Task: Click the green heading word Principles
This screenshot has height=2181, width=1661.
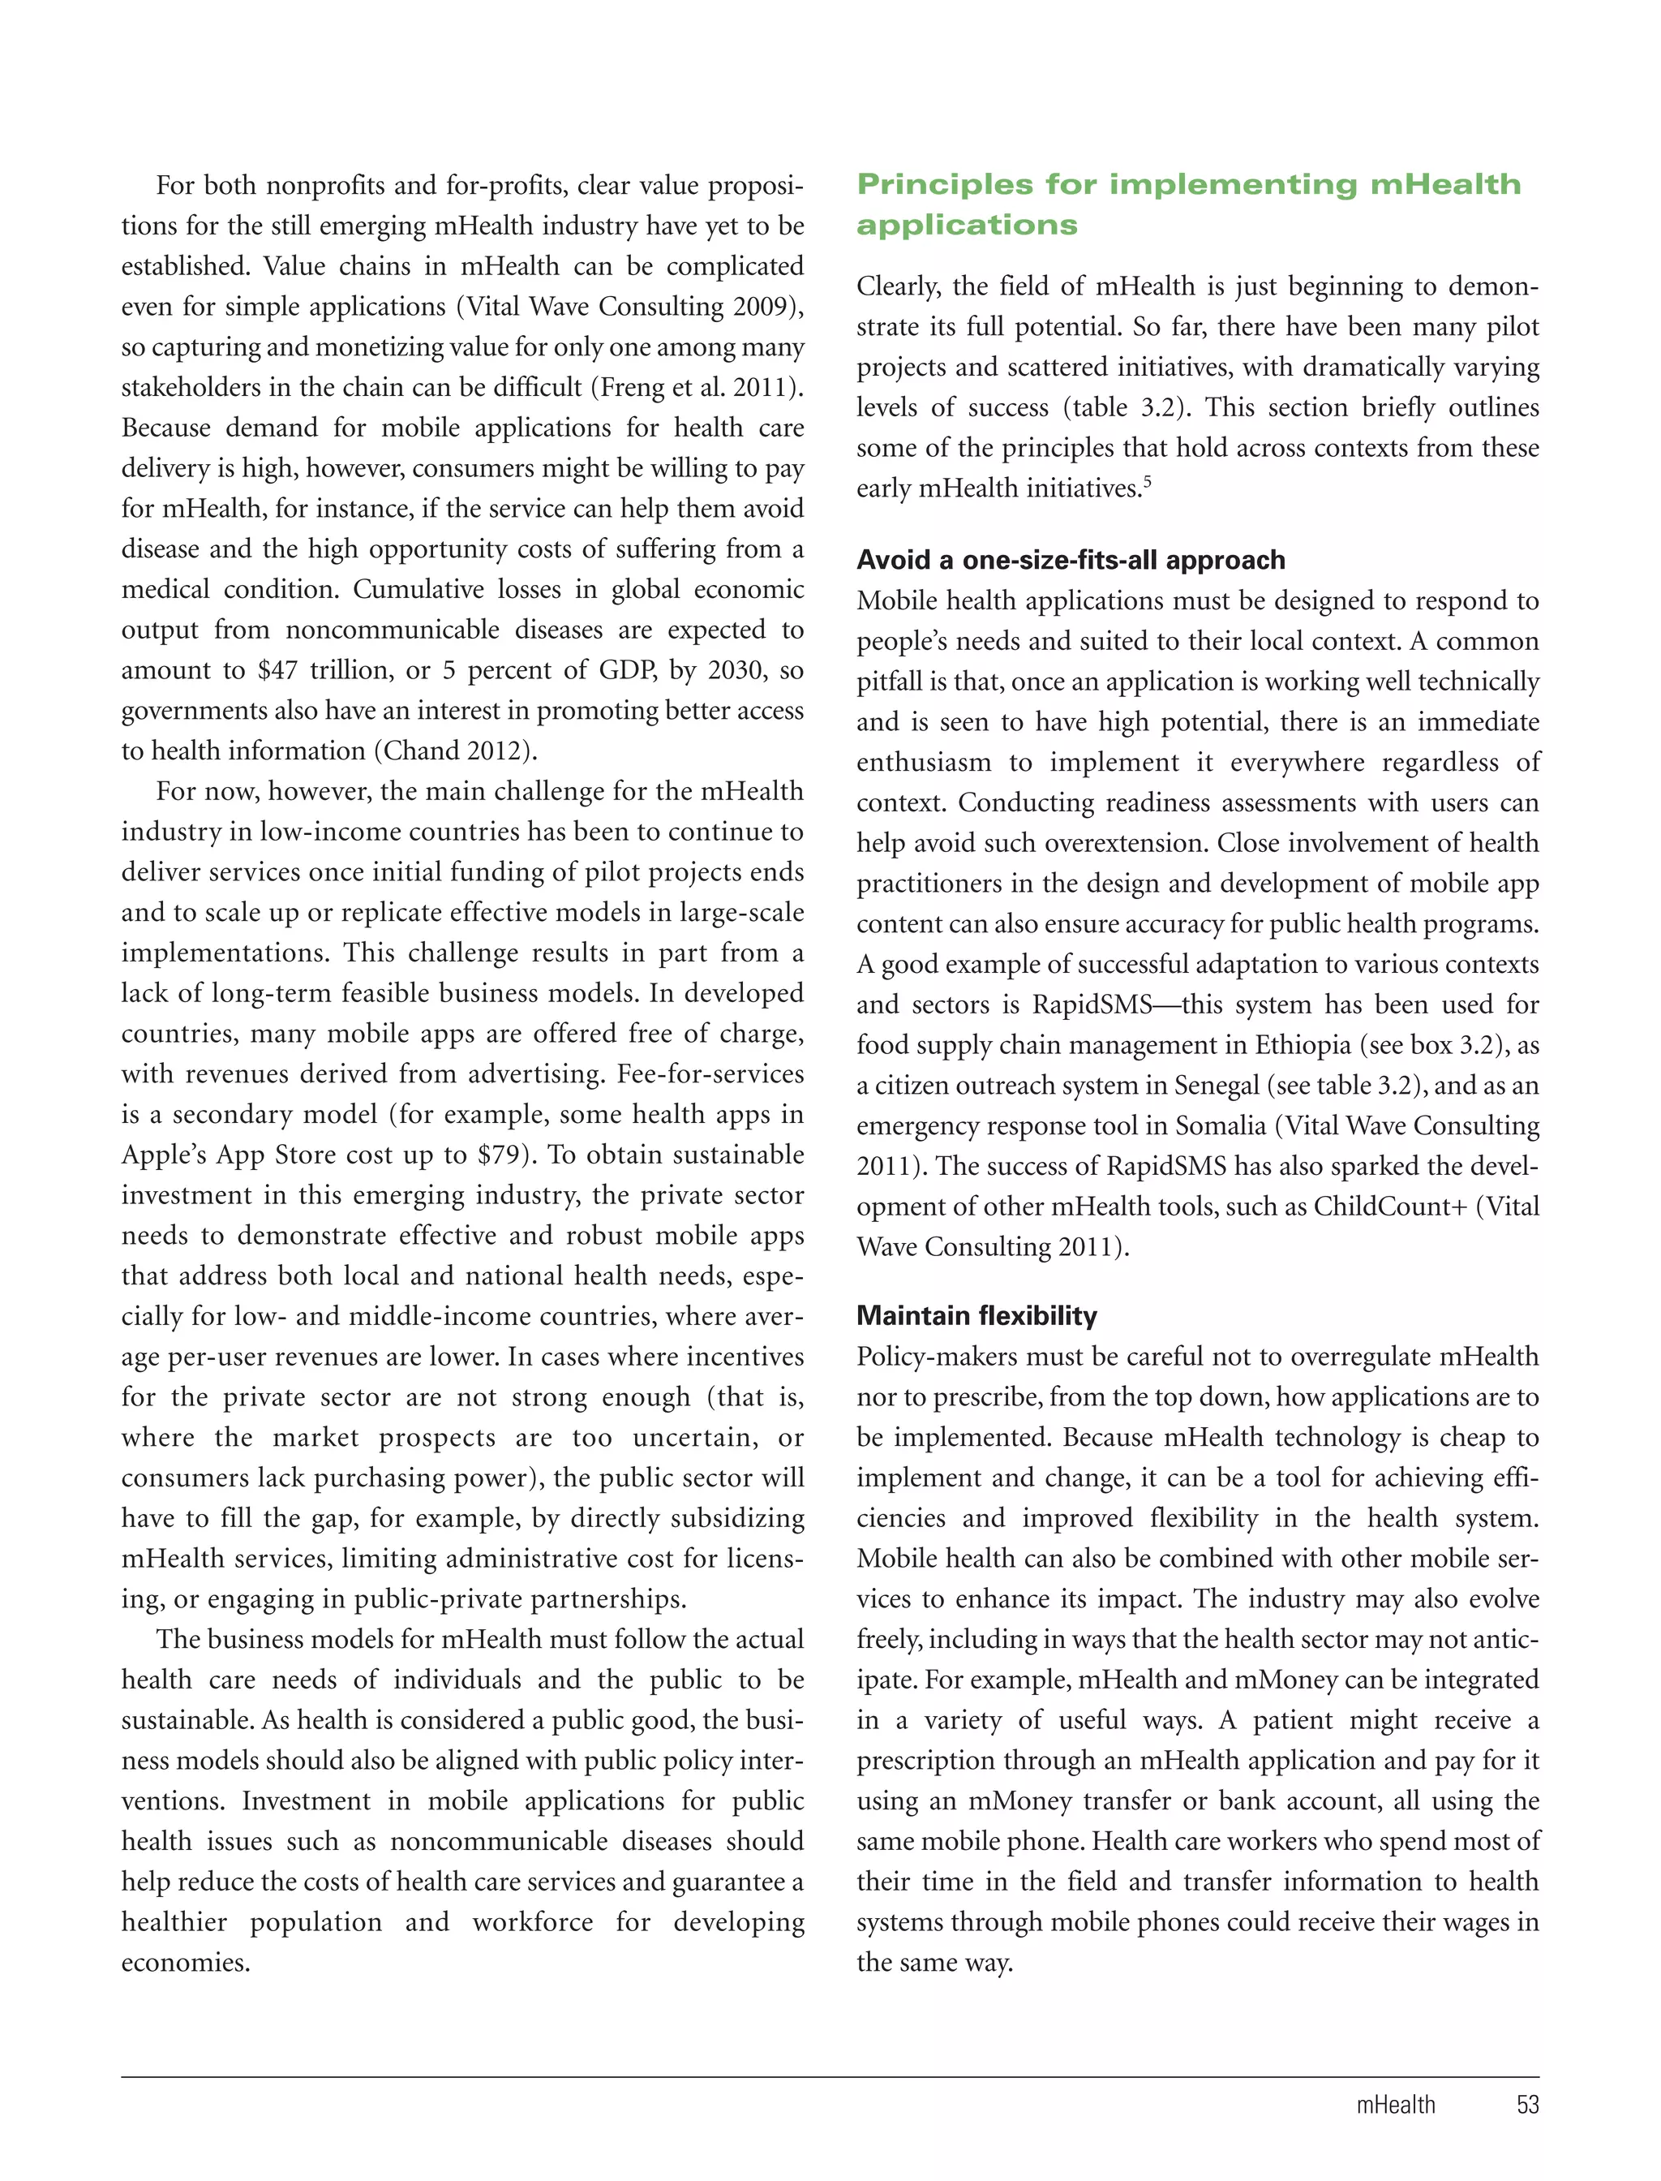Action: pyautogui.click(x=944, y=185)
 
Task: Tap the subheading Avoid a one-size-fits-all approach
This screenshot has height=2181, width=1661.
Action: pyautogui.click(x=1070, y=560)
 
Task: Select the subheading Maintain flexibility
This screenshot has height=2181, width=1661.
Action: pyautogui.click(x=976, y=1315)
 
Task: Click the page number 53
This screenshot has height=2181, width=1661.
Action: pyautogui.click(x=1526, y=2105)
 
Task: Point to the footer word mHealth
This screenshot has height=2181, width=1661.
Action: pyautogui.click(x=1395, y=2105)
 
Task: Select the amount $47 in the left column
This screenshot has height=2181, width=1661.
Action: pyautogui.click(x=277, y=671)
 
